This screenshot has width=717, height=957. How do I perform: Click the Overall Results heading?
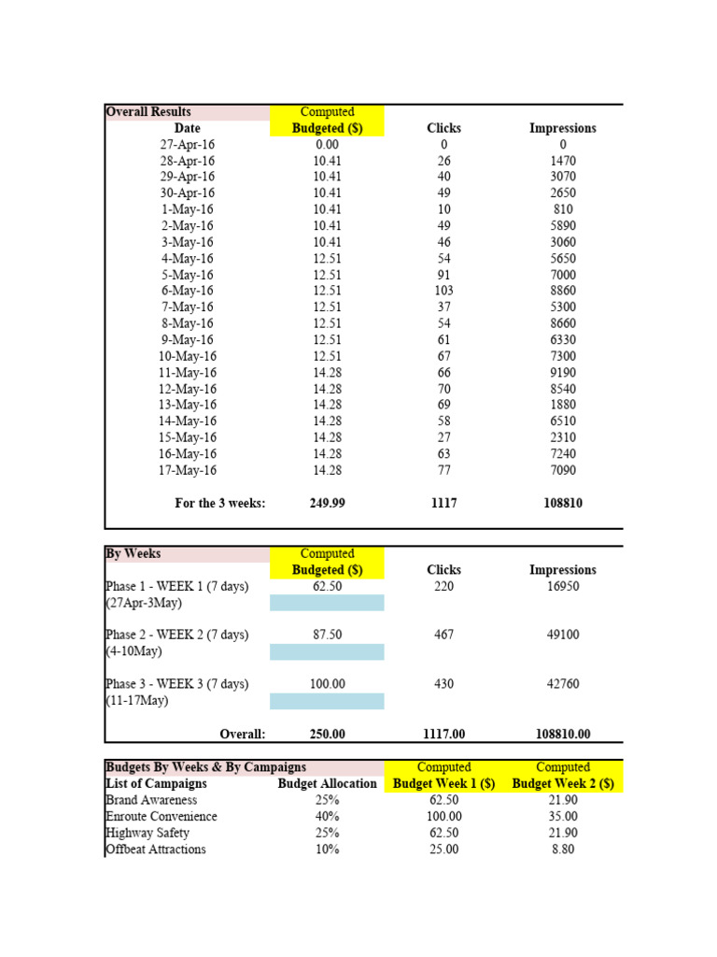[x=141, y=112]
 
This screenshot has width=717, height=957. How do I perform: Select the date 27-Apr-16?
[x=187, y=145]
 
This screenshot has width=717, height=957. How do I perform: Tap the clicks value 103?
[x=444, y=292]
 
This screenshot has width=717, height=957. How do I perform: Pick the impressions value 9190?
[x=563, y=373]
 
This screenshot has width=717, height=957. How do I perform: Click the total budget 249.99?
[x=327, y=504]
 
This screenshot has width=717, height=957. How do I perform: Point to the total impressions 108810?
[x=563, y=504]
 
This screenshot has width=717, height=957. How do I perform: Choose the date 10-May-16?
[x=187, y=356]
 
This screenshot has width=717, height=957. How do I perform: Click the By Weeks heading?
[x=133, y=554]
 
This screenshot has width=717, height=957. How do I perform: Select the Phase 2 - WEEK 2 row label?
[x=176, y=635]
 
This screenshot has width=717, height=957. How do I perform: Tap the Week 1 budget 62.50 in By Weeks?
[x=327, y=587]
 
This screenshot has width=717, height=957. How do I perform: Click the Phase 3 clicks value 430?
[x=444, y=684]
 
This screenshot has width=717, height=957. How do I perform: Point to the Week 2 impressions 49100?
[x=563, y=635]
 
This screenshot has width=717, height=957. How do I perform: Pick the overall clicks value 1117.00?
[x=444, y=735]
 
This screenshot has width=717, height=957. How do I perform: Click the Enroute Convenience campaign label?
[x=162, y=817]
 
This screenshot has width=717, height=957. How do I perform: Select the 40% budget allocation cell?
[x=327, y=817]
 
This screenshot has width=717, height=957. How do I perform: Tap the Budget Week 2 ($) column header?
[x=563, y=784]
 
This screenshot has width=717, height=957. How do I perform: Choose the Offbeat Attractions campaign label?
[x=156, y=850]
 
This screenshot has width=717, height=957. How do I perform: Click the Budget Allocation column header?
[x=327, y=784]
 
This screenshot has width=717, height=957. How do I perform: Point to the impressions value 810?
[x=563, y=209]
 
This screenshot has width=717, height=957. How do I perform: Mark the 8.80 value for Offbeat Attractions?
[x=563, y=850]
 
